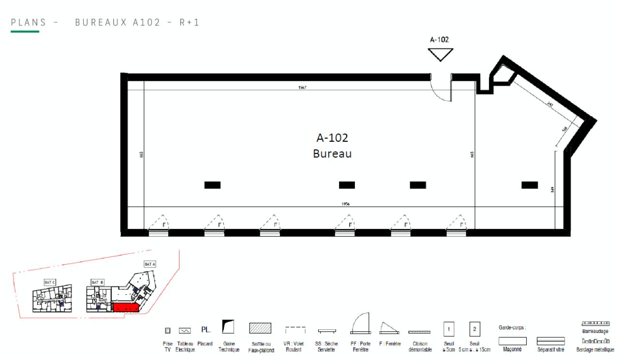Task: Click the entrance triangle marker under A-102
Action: pos(441,55)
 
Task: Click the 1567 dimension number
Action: pos(303,88)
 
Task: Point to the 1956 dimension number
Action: pos(345,204)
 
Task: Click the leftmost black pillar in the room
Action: pos(212,185)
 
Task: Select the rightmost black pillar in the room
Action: pos(530,185)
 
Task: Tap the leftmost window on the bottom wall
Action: pos(159,233)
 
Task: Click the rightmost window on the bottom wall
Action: pos(456,233)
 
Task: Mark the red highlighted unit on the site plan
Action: pos(125,308)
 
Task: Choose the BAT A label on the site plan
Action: pos(148,264)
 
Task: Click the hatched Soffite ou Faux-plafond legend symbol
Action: pos(260,328)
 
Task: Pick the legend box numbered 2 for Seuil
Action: pos(474,329)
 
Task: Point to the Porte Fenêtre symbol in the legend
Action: pos(360,324)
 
